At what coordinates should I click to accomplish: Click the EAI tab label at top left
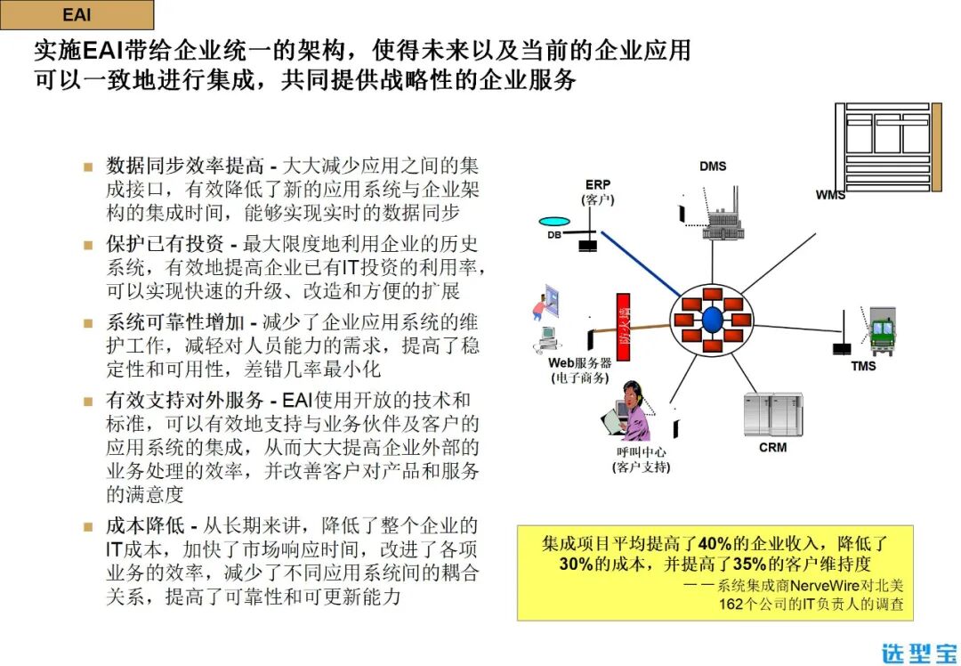77,15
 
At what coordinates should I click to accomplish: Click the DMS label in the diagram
713,166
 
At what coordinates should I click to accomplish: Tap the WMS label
830,194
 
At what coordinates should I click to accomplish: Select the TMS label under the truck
862,366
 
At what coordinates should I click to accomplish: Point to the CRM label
772,447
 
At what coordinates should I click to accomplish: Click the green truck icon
882,331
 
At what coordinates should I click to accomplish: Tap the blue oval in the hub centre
712,320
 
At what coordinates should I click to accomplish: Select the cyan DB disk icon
553,222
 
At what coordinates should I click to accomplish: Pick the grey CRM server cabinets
772,414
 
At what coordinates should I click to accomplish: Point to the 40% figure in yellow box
715,543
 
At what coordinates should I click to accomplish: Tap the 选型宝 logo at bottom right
919,650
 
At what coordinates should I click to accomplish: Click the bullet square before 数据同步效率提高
88,166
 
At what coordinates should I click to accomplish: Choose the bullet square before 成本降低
88,526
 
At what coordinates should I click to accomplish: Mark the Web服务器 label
579,363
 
